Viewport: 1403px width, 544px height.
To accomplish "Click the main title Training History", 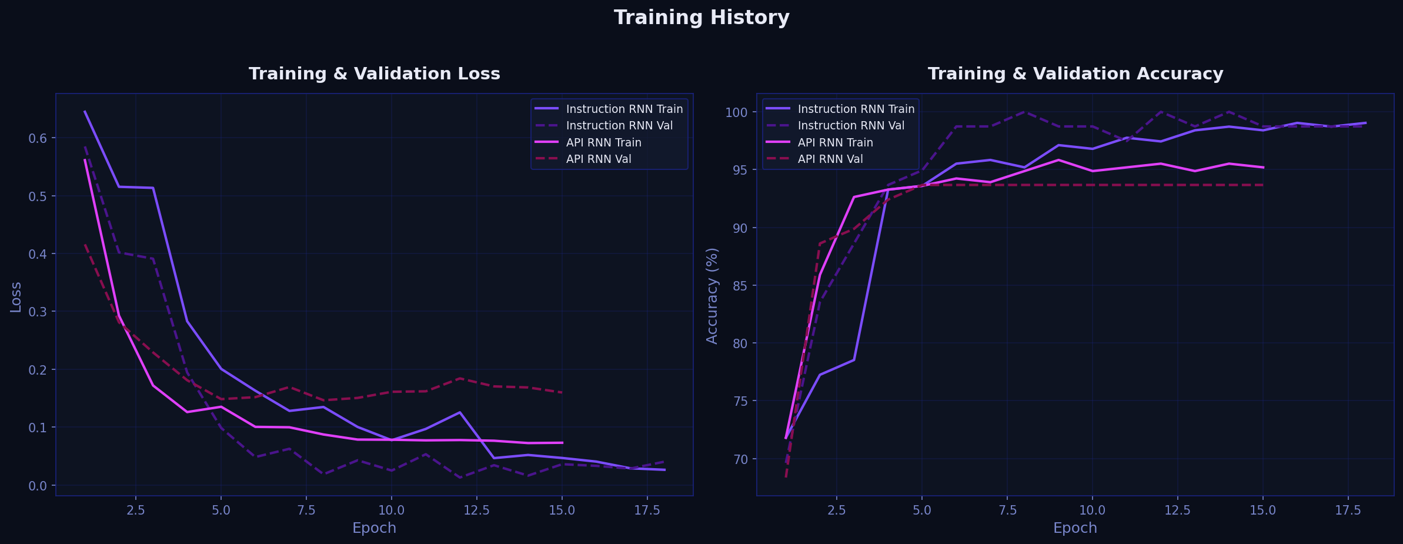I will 701,18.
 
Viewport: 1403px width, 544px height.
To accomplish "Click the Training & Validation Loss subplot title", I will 374,74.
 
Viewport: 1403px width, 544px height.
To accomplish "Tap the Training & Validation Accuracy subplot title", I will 1075,74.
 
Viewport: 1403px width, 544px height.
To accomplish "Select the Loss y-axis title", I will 16,297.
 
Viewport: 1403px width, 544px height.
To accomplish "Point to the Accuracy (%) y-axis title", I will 712,296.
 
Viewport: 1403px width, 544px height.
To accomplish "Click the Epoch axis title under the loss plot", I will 374,528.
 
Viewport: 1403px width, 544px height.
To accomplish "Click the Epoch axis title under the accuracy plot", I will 1075,528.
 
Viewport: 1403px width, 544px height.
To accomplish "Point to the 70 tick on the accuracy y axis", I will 739,459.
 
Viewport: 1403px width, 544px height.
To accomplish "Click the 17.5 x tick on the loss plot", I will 647,510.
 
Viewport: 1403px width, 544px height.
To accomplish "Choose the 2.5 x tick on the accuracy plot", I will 837,510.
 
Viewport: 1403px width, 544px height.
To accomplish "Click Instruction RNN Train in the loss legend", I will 624,109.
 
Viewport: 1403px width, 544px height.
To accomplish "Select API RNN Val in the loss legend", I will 598,159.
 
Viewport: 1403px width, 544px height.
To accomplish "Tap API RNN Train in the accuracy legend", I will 835,143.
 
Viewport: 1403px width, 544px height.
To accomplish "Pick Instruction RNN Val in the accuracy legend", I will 851,126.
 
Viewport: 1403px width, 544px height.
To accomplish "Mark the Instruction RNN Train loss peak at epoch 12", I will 460,412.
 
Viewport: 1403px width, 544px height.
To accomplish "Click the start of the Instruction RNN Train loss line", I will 85,111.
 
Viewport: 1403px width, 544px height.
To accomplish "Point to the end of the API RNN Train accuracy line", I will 1263,168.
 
